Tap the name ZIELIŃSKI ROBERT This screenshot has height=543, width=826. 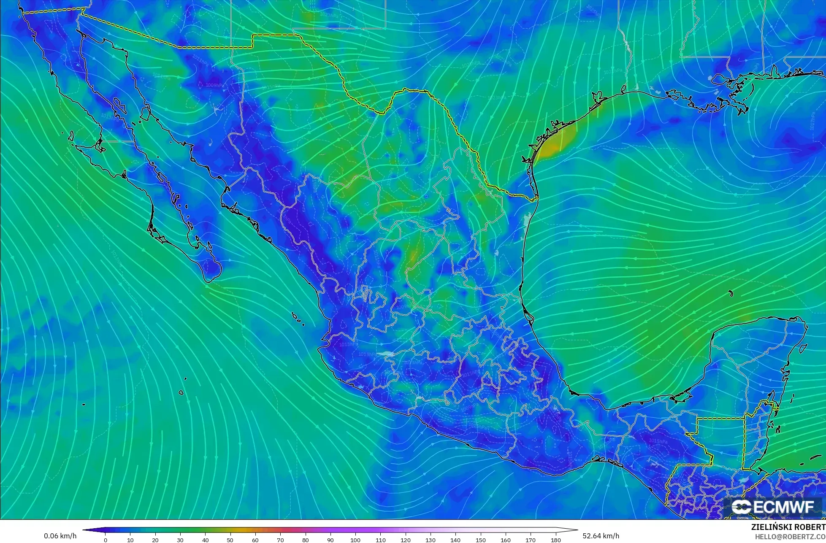pos(788,527)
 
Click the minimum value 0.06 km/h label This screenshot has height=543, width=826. pos(60,536)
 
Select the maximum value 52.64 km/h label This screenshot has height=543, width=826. pos(601,536)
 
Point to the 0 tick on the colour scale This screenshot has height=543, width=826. pos(105,540)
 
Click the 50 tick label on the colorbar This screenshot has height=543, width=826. pos(230,540)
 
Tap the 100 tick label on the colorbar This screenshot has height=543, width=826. pos(355,540)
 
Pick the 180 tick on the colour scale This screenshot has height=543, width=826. pos(555,540)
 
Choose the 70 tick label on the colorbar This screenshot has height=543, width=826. pos(280,540)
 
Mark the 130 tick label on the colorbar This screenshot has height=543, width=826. pos(431,540)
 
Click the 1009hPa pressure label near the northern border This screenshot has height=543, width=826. pos(215,85)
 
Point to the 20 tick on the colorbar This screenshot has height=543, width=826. pos(155,540)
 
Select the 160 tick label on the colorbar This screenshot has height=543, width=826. pos(506,540)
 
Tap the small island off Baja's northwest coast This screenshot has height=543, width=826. pos(70,136)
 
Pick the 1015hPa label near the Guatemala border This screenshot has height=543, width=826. pos(658,441)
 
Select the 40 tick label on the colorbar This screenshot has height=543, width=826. pos(205,540)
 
